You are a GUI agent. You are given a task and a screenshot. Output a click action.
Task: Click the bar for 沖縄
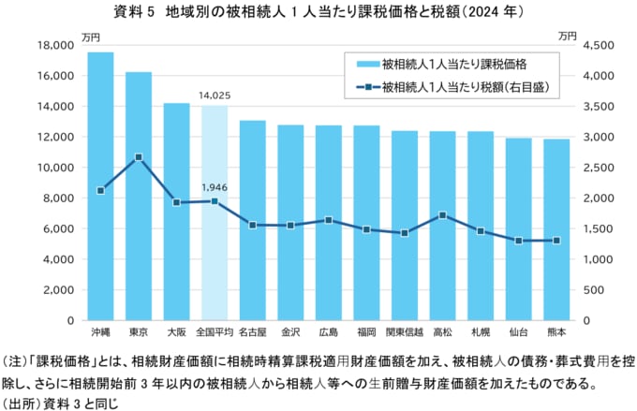(x=100, y=187)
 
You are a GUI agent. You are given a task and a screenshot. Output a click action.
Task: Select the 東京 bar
(x=139, y=197)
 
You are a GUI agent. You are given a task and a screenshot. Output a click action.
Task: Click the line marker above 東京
(x=139, y=156)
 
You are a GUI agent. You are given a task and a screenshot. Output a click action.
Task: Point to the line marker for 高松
(x=442, y=215)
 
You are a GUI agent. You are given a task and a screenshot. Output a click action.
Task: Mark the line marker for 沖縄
(x=100, y=191)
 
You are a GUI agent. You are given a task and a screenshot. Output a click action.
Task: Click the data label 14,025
(x=215, y=95)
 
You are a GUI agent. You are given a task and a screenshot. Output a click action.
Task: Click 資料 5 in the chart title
(x=132, y=13)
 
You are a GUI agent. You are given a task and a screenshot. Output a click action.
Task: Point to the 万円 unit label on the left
(x=90, y=36)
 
